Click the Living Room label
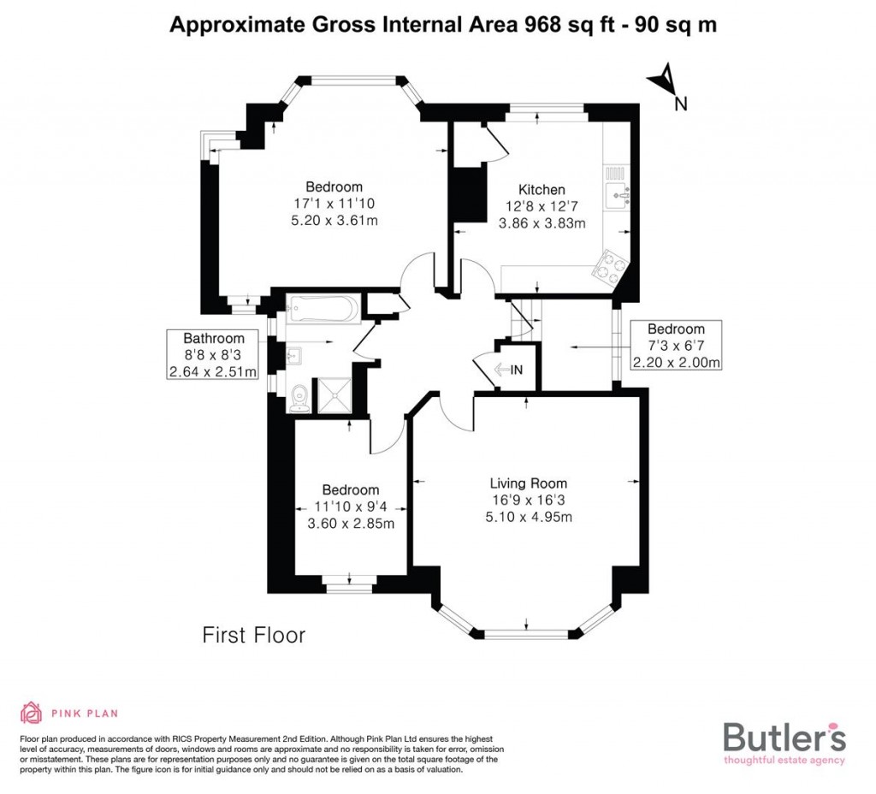[528, 483]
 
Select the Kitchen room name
[542, 190]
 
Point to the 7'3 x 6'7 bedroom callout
[676, 345]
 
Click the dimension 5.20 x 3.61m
[334, 220]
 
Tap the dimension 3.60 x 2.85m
[351, 524]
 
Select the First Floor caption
[253, 635]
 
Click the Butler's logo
[784, 741]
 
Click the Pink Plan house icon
[32, 712]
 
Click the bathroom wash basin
[293, 353]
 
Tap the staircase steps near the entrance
[520, 318]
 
